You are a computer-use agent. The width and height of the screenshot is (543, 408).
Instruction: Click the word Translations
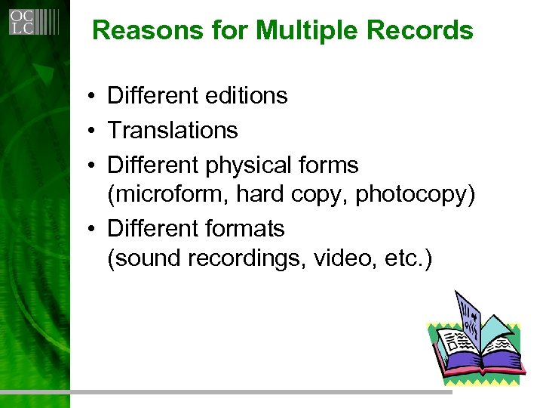pyautogui.click(x=173, y=131)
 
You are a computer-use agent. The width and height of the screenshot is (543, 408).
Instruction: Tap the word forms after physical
pyautogui.click(x=330, y=165)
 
